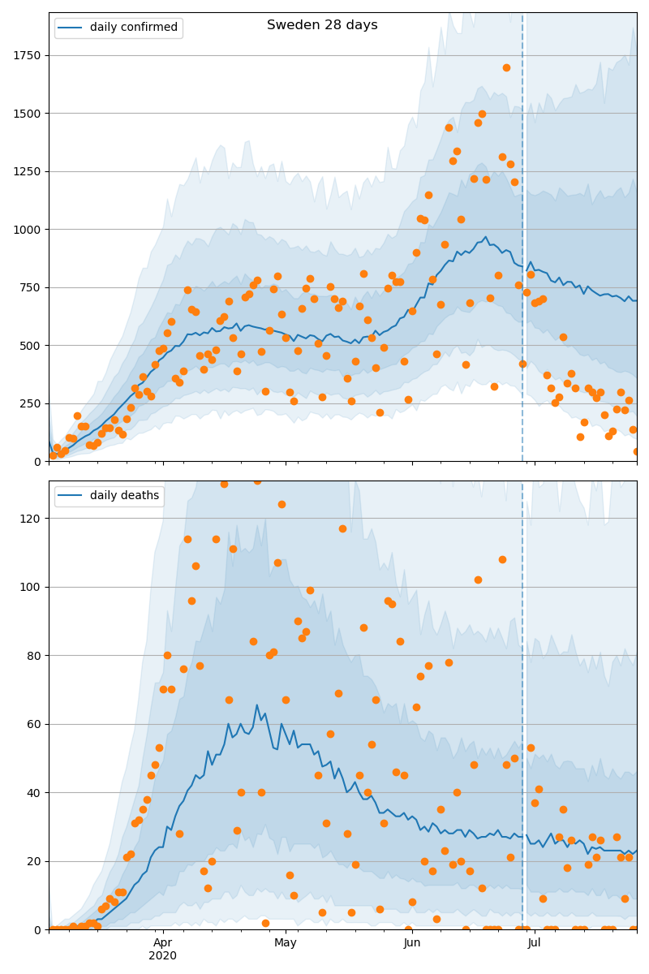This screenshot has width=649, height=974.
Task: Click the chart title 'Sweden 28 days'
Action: [322, 25]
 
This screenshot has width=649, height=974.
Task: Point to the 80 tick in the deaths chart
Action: [35, 655]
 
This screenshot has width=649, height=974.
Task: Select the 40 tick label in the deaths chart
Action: [35, 792]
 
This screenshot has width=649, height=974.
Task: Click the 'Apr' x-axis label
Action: [163, 942]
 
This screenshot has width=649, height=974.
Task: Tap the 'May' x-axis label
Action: [286, 942]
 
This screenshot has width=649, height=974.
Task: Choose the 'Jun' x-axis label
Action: [412, 942]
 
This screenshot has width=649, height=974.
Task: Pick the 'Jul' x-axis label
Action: [535, 942]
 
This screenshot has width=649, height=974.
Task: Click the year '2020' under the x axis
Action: [163, 955]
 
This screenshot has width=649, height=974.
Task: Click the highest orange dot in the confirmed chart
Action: [506, 67]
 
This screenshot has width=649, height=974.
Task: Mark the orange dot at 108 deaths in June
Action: [502, 559]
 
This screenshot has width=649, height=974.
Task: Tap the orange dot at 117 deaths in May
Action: [342, 528]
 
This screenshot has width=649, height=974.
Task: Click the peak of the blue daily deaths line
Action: [257, 705]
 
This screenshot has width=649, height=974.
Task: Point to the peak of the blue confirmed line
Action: [486, 237]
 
